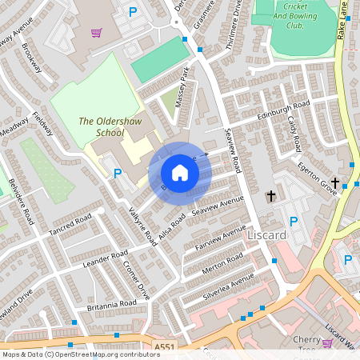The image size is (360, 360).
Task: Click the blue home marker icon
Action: (x=180, y=173)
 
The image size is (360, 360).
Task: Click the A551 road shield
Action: (x=164, y=346)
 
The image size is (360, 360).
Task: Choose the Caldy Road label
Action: (x=293, y=132)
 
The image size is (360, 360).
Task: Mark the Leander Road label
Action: (x=105, y=258)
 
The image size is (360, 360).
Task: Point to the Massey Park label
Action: (x=183, y=82)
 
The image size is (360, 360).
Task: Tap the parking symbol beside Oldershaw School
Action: (x=118, y=173)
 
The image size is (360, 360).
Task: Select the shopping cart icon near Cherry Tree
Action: (x=326, y=342)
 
